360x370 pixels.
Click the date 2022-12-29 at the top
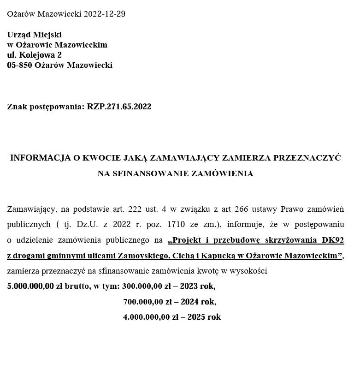tap(104, 14)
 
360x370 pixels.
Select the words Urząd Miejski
tap(34, 35)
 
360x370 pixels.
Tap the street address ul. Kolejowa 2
tap(34, 55)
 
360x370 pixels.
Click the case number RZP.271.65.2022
tap(119, 107)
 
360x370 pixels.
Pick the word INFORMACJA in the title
tap(41, 158)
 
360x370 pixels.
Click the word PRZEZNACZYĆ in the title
tap(307, 158)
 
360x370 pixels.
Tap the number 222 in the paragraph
tap(135, 209)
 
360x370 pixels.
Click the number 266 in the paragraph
tap(241, 209)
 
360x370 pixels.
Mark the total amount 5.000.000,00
tap(30, 286)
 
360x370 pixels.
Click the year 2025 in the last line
tap(196, 317)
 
